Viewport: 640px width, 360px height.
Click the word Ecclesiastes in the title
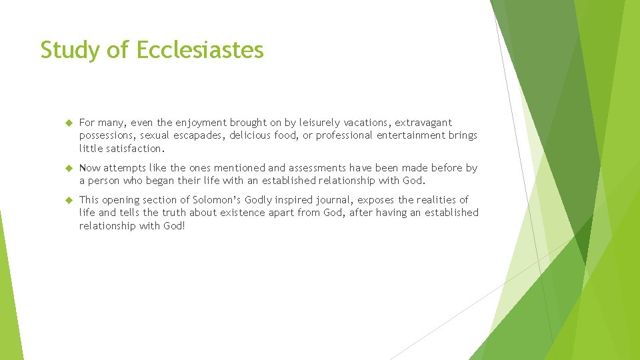click(201, 50)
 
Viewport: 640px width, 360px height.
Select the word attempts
click(125, 168)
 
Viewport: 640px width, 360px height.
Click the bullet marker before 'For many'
click(67, 123)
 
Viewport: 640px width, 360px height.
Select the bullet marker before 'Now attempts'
click(67, 168)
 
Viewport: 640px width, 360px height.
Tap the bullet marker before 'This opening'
click(67, 200)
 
